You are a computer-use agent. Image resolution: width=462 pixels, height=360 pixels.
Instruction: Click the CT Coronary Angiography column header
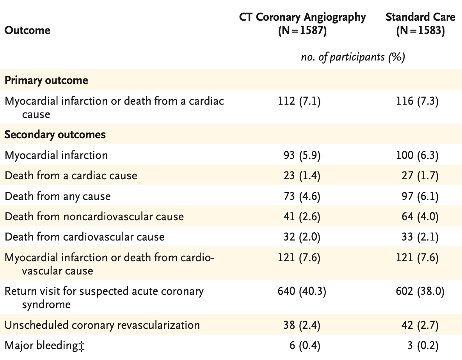302,24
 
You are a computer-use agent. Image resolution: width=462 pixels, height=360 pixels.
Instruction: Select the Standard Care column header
421,24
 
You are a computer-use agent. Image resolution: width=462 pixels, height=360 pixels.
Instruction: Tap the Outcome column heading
27,30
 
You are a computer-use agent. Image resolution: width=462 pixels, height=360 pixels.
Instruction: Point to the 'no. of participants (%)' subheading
353,57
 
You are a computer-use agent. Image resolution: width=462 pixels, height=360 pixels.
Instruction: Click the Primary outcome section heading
46,80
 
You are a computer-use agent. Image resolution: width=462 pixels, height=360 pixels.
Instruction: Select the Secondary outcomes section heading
55,134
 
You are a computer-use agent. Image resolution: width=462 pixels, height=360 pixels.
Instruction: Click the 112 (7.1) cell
299,101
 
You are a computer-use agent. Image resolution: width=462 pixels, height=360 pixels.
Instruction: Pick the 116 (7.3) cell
417,101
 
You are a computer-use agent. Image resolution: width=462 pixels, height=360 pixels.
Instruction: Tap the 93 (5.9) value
302,155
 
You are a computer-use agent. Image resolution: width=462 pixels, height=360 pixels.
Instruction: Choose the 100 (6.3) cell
417,155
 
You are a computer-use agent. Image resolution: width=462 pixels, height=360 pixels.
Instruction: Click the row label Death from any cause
58,196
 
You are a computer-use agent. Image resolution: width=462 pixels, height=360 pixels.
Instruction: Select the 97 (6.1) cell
420,196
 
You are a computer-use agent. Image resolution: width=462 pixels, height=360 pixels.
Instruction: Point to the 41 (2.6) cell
302,217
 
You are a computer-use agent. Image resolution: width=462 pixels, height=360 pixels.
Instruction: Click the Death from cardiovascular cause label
85,237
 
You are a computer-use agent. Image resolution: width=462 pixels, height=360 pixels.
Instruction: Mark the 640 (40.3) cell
302,291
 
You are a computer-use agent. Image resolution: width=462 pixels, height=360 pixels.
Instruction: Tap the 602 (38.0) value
420,291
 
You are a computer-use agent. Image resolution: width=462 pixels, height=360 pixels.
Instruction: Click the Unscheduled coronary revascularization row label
102,325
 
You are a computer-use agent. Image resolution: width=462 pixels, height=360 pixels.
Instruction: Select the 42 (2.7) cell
420,325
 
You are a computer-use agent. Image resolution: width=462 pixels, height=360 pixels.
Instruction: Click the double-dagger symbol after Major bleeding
82,346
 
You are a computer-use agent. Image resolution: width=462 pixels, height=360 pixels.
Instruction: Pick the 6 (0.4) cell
305,346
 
